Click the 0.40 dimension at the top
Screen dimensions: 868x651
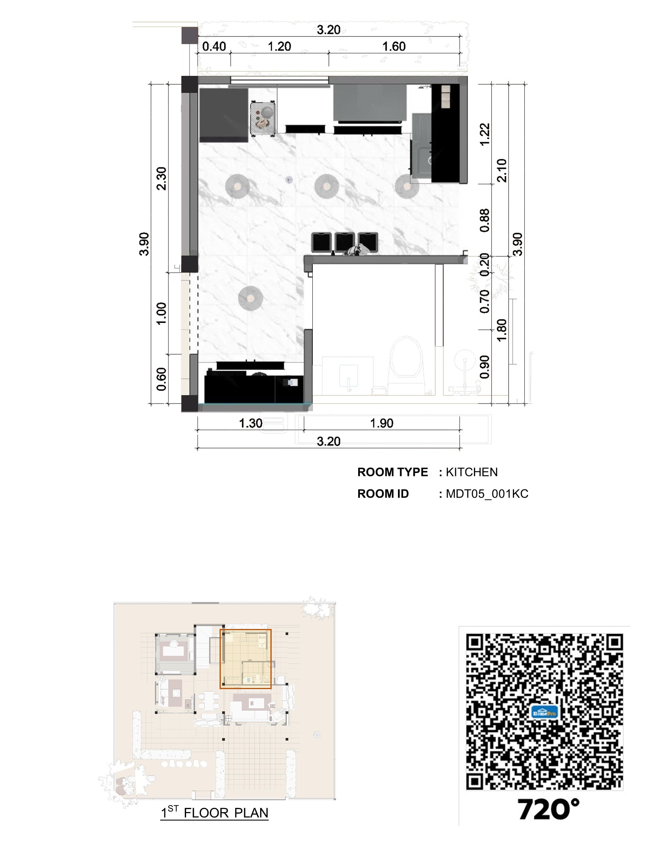pyautogui.click(x=214, y=46)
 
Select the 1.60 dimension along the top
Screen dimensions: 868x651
pyautogui.click(x=394, y=46)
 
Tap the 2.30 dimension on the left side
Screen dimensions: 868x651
pyautogui.click(x=161, y=178)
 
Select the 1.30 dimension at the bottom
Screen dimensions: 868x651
pyautogui.click(x=250, y=423)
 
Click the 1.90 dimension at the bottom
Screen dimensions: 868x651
pyautogui.click(x=381, y=423)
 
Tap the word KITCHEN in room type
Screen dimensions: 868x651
pyautogui.click(x=472, y=472)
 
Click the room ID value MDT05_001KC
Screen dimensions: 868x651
pyautogui.click(x=487, y=494)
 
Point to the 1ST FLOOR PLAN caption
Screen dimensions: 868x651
pyautogui.click(x=214, y=813)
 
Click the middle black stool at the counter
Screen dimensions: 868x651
pyautogui.click(x=345, y=242)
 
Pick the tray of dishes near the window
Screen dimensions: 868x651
pyautogui.click(x=263, y=119)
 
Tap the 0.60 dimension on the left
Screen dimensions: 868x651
pyautogui.click(x=161, y=379)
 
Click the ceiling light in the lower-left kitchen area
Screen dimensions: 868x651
pyautogui.click(x=250, y=298)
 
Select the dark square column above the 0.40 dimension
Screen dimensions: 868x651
pyautogui.click(x=190, y=35)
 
